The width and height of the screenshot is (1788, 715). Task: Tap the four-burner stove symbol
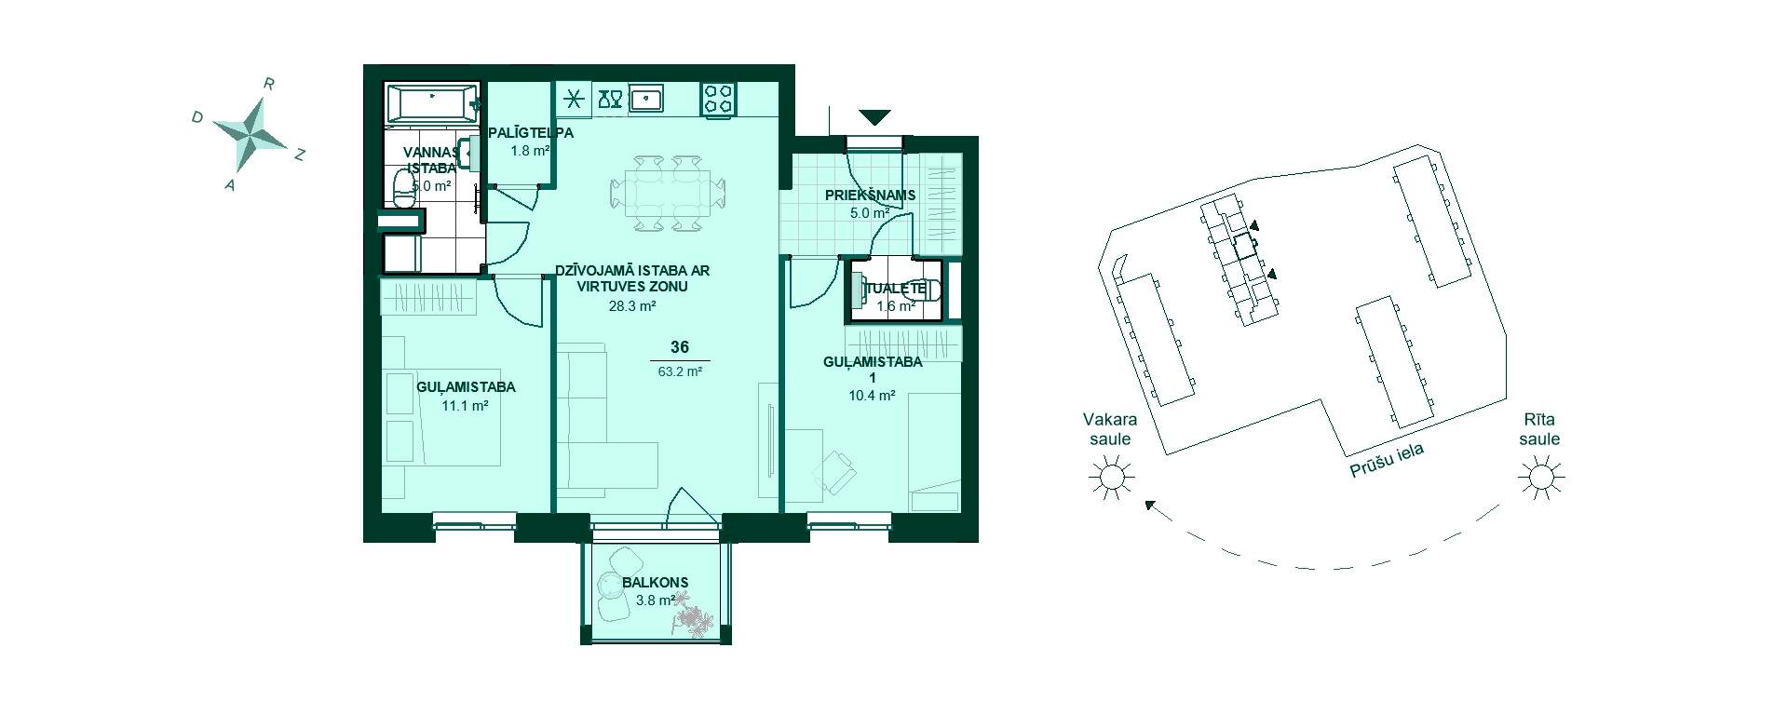coord(718,99)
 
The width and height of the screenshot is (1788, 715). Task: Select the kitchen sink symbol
coord(646,98)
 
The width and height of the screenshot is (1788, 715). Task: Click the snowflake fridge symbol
coord(575,99)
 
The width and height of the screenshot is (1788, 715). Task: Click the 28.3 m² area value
coord(633,305)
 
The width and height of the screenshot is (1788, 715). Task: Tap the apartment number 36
coord(680,347)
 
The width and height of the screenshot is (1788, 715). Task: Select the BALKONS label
coord(656,583)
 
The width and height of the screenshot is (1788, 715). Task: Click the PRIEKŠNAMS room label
coord(870,196)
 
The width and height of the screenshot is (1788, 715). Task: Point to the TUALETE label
coord(895,289)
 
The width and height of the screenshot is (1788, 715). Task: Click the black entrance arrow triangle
coord(874,117)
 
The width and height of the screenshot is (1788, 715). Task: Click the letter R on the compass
coord(268,84)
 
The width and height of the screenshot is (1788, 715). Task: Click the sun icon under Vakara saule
coord(1112,479)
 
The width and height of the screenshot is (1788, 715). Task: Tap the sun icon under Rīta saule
coord(1539,479)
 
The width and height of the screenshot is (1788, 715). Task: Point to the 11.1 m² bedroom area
coord(465,405)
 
